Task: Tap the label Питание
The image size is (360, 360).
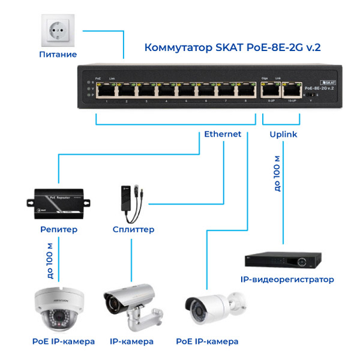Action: [x=58, y=55]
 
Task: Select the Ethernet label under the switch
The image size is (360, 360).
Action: [x=223, y=134]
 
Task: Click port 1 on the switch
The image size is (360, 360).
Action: [x=107, y=91]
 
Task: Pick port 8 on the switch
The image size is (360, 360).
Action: [x=245, y=91]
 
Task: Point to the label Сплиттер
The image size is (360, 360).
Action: [x=133, y=229]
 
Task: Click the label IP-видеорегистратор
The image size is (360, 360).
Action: [x=287, y=280]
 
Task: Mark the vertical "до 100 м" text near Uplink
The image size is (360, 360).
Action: [x=277, y=173]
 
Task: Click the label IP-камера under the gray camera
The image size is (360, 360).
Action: [x=131, y=341]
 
